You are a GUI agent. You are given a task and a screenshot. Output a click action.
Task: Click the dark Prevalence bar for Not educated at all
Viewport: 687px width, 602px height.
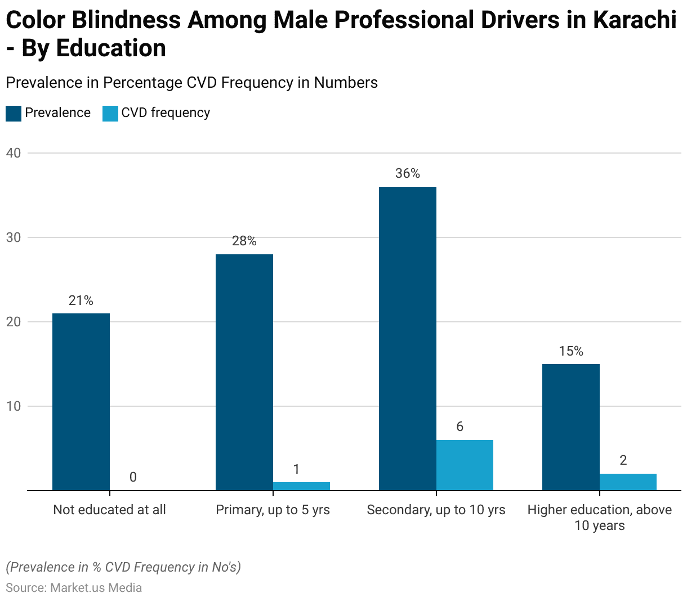[x=81, y=402]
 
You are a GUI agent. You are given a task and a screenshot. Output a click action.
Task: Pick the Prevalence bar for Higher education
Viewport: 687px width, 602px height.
[x=571, y=427]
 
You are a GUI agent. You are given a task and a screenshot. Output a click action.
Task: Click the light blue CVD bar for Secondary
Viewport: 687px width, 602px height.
[x=465, y=465]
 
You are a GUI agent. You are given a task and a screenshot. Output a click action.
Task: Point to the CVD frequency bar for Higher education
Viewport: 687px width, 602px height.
[x=628, y=482]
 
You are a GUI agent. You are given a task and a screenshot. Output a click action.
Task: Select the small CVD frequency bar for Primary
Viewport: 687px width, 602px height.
[x=301, y=486]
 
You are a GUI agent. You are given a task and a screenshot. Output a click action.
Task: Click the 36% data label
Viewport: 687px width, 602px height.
[x=408, y=173]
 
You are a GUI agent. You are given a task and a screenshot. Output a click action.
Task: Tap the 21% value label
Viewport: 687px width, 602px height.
[x=81, y=300]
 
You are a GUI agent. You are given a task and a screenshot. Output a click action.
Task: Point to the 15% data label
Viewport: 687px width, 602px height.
[x=571, y=351]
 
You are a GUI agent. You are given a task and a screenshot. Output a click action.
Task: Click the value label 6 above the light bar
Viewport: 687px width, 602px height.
[x=460, y=426]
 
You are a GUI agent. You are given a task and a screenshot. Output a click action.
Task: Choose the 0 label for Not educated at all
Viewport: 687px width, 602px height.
[x=133, y=477]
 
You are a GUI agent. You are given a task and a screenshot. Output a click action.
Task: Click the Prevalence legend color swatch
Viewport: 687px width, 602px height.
[x=14, y=113]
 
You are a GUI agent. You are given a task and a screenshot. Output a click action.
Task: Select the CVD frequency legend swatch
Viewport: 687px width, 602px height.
[x=110, y=113]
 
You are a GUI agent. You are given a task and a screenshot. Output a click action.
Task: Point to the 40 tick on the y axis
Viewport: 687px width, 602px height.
[x=14, y=153]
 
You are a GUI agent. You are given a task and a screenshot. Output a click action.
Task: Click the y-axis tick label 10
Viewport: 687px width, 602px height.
[x=14, y=406]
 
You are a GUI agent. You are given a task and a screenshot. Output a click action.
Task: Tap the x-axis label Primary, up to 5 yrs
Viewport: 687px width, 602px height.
[x=273, y=510]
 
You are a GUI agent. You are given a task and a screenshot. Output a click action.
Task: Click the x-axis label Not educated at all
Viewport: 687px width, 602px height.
[x=110, y=510]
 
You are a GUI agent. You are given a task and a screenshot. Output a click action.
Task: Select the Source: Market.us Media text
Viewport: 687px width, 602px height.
[x=74, y=587]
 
